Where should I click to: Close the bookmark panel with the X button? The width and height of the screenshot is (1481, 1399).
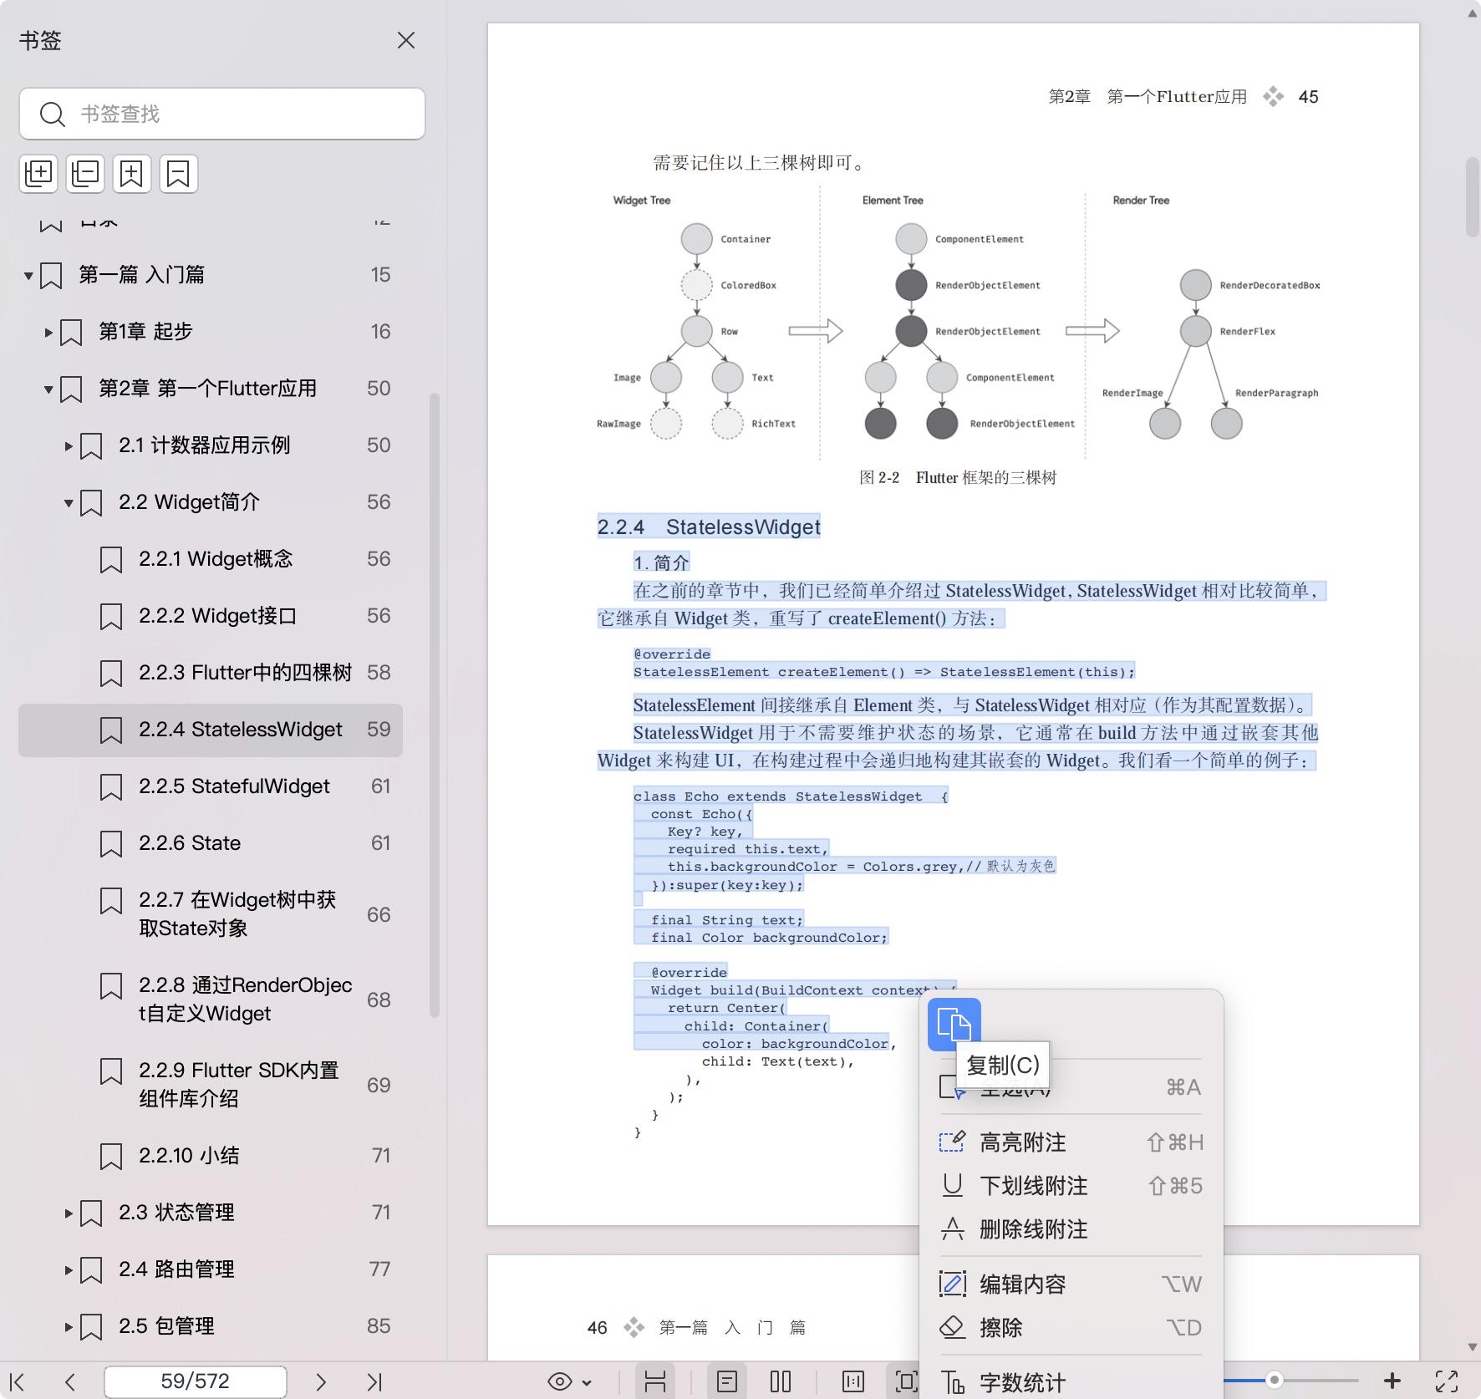pyautogui.click(x=406, y=40)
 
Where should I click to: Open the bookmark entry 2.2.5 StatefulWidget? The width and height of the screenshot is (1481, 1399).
pyautogui.click(x=234, y=786)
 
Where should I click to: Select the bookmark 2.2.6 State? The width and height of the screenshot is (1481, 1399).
pyautogui.click(x=190, y=843)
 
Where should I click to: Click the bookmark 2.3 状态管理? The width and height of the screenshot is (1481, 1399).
pyautogui.click(x=176, y=1213)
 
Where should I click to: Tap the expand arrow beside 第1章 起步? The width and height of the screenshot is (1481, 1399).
pyautogui.click(x=48, y=333)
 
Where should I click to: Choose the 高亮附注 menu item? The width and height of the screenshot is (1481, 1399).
pyautogui.click(x=1022, y=1142)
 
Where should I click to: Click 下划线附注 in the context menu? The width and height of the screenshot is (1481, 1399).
pyautogui.click(x=1033, y=1186)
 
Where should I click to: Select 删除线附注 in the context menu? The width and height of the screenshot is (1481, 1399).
pyautogui.click(x=1033, y=1229)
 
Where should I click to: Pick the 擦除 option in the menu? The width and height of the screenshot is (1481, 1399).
pyautogui.click(x=1000, y=1328)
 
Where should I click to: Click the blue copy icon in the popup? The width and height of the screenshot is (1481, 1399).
pyautogui.click(x=954, y=1025)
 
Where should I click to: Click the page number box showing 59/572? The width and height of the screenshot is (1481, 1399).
pyautogui.click(x=195, y=1381)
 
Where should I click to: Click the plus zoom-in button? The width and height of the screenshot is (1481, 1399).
pyautogui.click(x=1392, y=1381)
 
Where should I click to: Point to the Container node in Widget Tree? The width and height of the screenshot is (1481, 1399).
pyautogui.click(x=696, y=239)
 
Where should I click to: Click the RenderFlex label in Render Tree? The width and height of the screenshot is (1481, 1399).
pyautogui.click(x=1247, y=332)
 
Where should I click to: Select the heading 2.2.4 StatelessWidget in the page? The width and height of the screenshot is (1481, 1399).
pyautogui.click(x=709, y=527)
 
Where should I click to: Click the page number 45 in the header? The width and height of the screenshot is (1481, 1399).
pyautogui.click(x=1308, y=97)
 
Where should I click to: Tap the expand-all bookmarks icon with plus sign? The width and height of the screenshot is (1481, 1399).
pyautogui.click(x=38, y=174)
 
